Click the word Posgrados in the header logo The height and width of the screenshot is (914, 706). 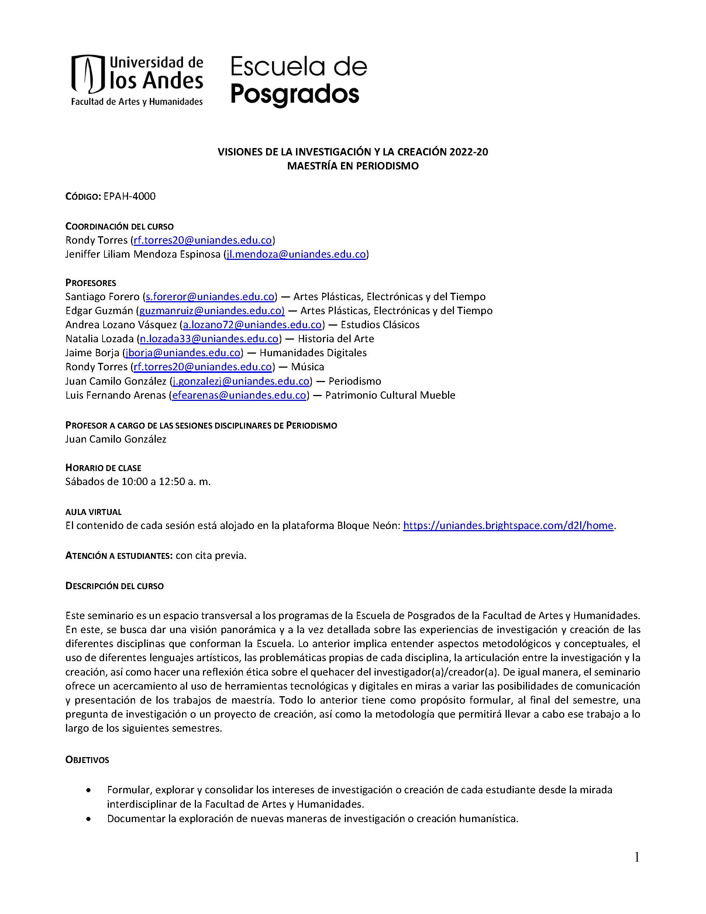point(295,95)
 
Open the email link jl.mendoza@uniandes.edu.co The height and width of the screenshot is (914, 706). point(296,254)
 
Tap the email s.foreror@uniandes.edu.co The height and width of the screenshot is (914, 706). point(210,297)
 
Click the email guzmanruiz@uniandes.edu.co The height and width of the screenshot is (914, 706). point(211,310)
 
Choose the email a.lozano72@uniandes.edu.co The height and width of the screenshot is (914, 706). point(252,325)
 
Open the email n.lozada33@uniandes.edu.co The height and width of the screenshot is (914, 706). point(209,339)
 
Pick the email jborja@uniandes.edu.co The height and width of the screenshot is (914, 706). point(183,353)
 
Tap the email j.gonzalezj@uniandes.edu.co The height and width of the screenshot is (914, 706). point(241,381)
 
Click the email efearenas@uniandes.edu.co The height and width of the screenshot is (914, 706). point(239,395)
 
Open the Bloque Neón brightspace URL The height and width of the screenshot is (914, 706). point(508,525)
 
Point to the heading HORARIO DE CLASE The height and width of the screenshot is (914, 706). point(103,467)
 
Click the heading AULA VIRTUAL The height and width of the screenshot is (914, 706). point(93,512)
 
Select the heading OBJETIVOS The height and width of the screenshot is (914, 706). point(87,760)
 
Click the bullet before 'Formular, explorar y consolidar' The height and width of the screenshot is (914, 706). point(88,791)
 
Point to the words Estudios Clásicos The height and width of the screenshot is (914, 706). point(380,325)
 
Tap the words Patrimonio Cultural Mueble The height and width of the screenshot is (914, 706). point(390,395)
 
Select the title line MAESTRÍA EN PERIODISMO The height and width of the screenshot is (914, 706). point(352,166)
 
